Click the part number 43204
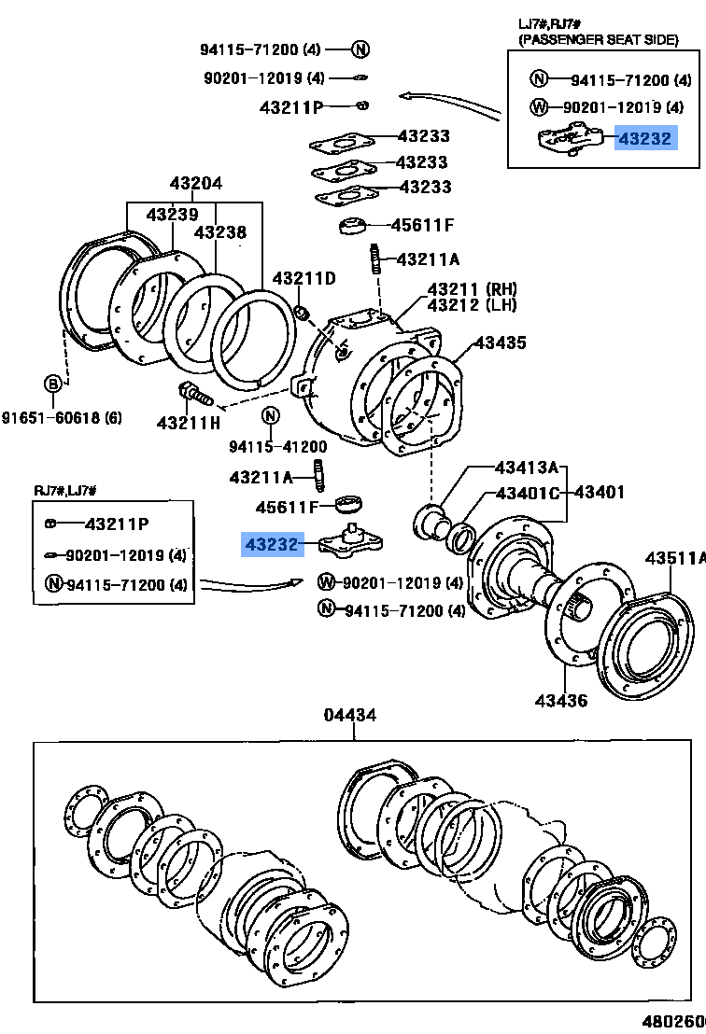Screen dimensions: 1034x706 (x=195, y=183)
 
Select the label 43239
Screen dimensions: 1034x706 (x=172, y=215)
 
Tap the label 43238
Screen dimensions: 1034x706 (x=220, y=231)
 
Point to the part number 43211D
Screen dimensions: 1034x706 (x=304, y=278)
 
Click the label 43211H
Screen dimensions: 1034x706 (x=188, y=423)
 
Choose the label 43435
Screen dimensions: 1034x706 (x=500, y=342)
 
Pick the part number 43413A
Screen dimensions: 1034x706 (x=526, y=468)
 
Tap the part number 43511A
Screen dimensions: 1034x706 (x=674, y=558)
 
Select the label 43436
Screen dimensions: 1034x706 (x=561, y=699)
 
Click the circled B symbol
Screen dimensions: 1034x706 (x=53, y=383)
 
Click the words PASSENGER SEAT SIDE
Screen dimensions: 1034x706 (x=600, y=39)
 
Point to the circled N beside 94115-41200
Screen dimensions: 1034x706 (x=271, y=416)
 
